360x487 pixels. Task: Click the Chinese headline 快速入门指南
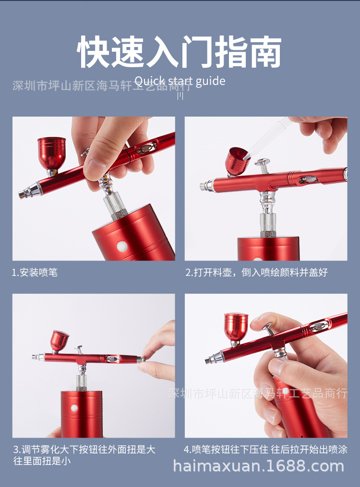pos(180,51)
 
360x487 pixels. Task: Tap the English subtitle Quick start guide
pos(180,81)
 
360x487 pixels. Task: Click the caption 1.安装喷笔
pos(35,273)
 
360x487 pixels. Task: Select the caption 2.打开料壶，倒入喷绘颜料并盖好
pos(256,273)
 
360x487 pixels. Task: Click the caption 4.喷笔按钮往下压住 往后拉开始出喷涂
pos(265,450)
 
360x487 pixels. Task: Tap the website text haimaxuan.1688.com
pos(258,466)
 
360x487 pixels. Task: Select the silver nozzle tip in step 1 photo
pos(24,194)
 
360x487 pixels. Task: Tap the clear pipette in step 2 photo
pos(271,136)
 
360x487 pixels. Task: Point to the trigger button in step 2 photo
pos(262,164)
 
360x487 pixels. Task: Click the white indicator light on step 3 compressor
pos(74,408)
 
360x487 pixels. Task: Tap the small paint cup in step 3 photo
pos(60,340)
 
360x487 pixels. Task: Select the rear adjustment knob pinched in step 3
pos(140,359)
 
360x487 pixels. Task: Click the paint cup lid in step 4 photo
pos(236,318)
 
